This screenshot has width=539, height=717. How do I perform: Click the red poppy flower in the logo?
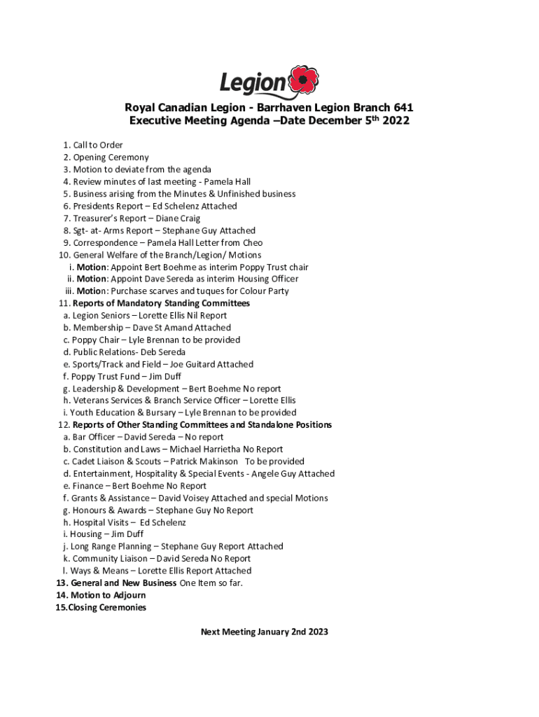point(304,81)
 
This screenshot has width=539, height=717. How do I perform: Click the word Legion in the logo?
point(253,85)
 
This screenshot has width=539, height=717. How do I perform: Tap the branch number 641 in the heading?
point(399,108)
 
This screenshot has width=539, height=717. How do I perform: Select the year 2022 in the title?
point(395,120)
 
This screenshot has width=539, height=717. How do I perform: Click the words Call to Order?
point(98,146)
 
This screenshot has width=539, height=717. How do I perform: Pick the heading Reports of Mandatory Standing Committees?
point(161,304)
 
